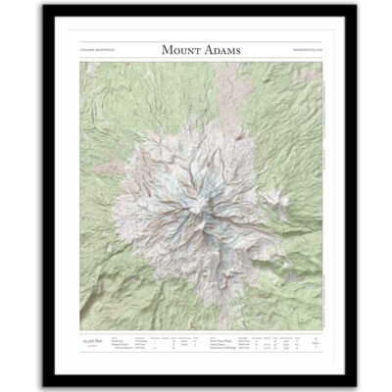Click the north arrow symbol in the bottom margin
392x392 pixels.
(x=305, y=342)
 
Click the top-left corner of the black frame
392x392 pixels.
(x=44, y=8)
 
